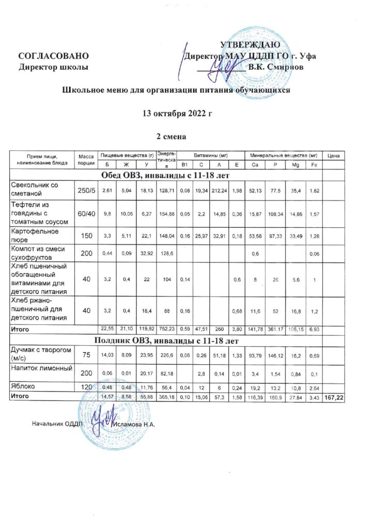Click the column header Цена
coord(333,155)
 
